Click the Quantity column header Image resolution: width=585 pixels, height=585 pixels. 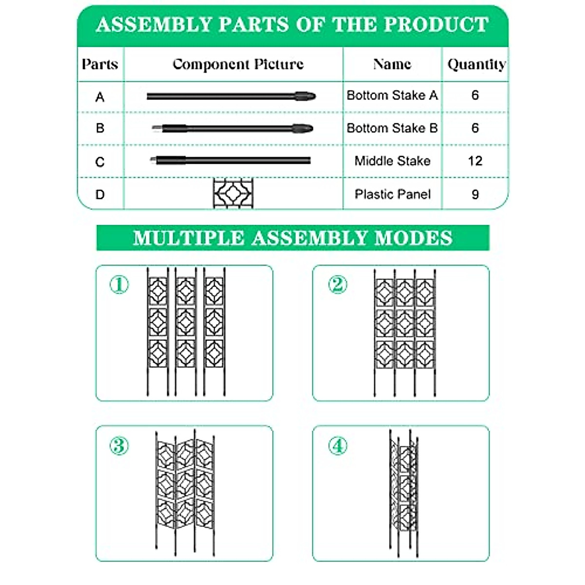pyautogui.click(x=476, y=64)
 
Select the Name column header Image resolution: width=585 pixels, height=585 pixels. pyautogui.click(x=392, y=64)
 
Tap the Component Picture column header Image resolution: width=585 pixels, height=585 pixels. pyautogui.click(x=238, y=64)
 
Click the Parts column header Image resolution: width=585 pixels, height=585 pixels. pyautogui.click(x=100, y=64)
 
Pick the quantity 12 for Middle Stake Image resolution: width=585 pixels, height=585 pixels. pyautogui.click(x=475, y=161)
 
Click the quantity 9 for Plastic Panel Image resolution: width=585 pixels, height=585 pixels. pyautogui.click(x=475, y=195)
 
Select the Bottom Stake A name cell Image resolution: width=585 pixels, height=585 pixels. pyautogui.click(x=392, y=96)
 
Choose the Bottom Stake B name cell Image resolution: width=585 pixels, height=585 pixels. pyautogui.click(x=392, y=128)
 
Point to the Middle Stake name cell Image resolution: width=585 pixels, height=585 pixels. pyautogui.click(x=392, y=161)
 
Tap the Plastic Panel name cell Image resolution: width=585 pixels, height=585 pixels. pyautogui.click(x=392, y=195)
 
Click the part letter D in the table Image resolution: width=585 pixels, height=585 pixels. pyautogui.click(x=100, y=195)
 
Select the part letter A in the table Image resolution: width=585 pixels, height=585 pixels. pyautogui.click(x=100, y=97)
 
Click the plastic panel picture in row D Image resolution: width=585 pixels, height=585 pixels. pyautogui.click(x=233, y=194)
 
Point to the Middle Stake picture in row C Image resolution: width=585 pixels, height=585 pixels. pyautogui.click(x=230, y=160)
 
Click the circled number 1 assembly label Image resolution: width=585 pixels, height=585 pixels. pyautogui.click(x=119, y=285)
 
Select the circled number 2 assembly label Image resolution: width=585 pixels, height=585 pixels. pyautogui.click(x=337, y=285)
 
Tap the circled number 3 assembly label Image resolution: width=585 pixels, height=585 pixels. pyautogui.click(x=119, y=446)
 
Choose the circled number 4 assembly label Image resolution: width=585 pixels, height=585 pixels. pyautogui.click(x=337, y=446)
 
